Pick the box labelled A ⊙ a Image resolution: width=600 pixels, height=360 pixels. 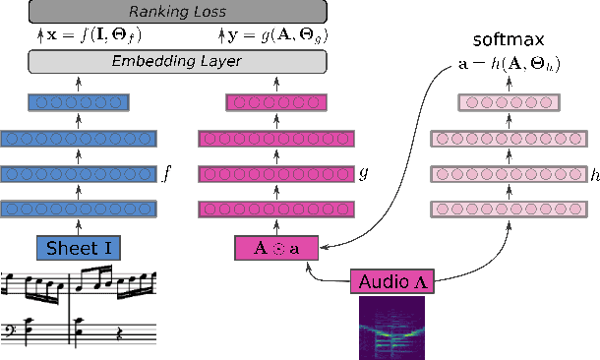tap(275, 248)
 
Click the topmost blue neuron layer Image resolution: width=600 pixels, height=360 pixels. tap(80, 102)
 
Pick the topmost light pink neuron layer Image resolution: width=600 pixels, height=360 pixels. tap(510, 102)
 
